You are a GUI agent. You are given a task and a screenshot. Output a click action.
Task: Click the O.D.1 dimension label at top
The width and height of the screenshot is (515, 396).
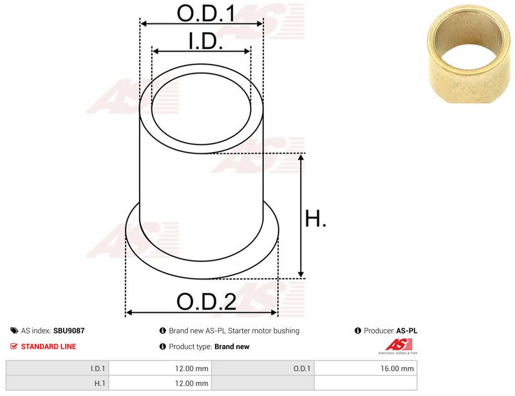(x=206, y=14)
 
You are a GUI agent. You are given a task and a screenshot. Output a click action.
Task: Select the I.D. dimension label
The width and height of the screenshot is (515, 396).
(x=205, y=41)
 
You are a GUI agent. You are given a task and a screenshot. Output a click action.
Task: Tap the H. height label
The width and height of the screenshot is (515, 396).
(x=315, y=218)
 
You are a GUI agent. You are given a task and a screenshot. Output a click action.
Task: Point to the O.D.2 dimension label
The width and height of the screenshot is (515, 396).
(x=206, y=301)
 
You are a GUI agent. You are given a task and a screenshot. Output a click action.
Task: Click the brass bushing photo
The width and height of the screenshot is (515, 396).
(x=470, y=54)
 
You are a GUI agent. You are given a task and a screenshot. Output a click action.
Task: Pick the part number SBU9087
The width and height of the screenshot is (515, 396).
(x=69, y=330)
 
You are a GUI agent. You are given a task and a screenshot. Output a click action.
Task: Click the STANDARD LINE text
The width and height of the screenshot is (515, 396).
(x=49, y=346)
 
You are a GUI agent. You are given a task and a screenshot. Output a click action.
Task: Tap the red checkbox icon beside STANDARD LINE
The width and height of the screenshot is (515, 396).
(x=14, y=346)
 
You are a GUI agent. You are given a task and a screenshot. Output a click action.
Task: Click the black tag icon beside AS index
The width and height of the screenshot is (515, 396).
(x=14, y=330)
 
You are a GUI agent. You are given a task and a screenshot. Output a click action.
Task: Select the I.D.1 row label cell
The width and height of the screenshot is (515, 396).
(x=57, y=368)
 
